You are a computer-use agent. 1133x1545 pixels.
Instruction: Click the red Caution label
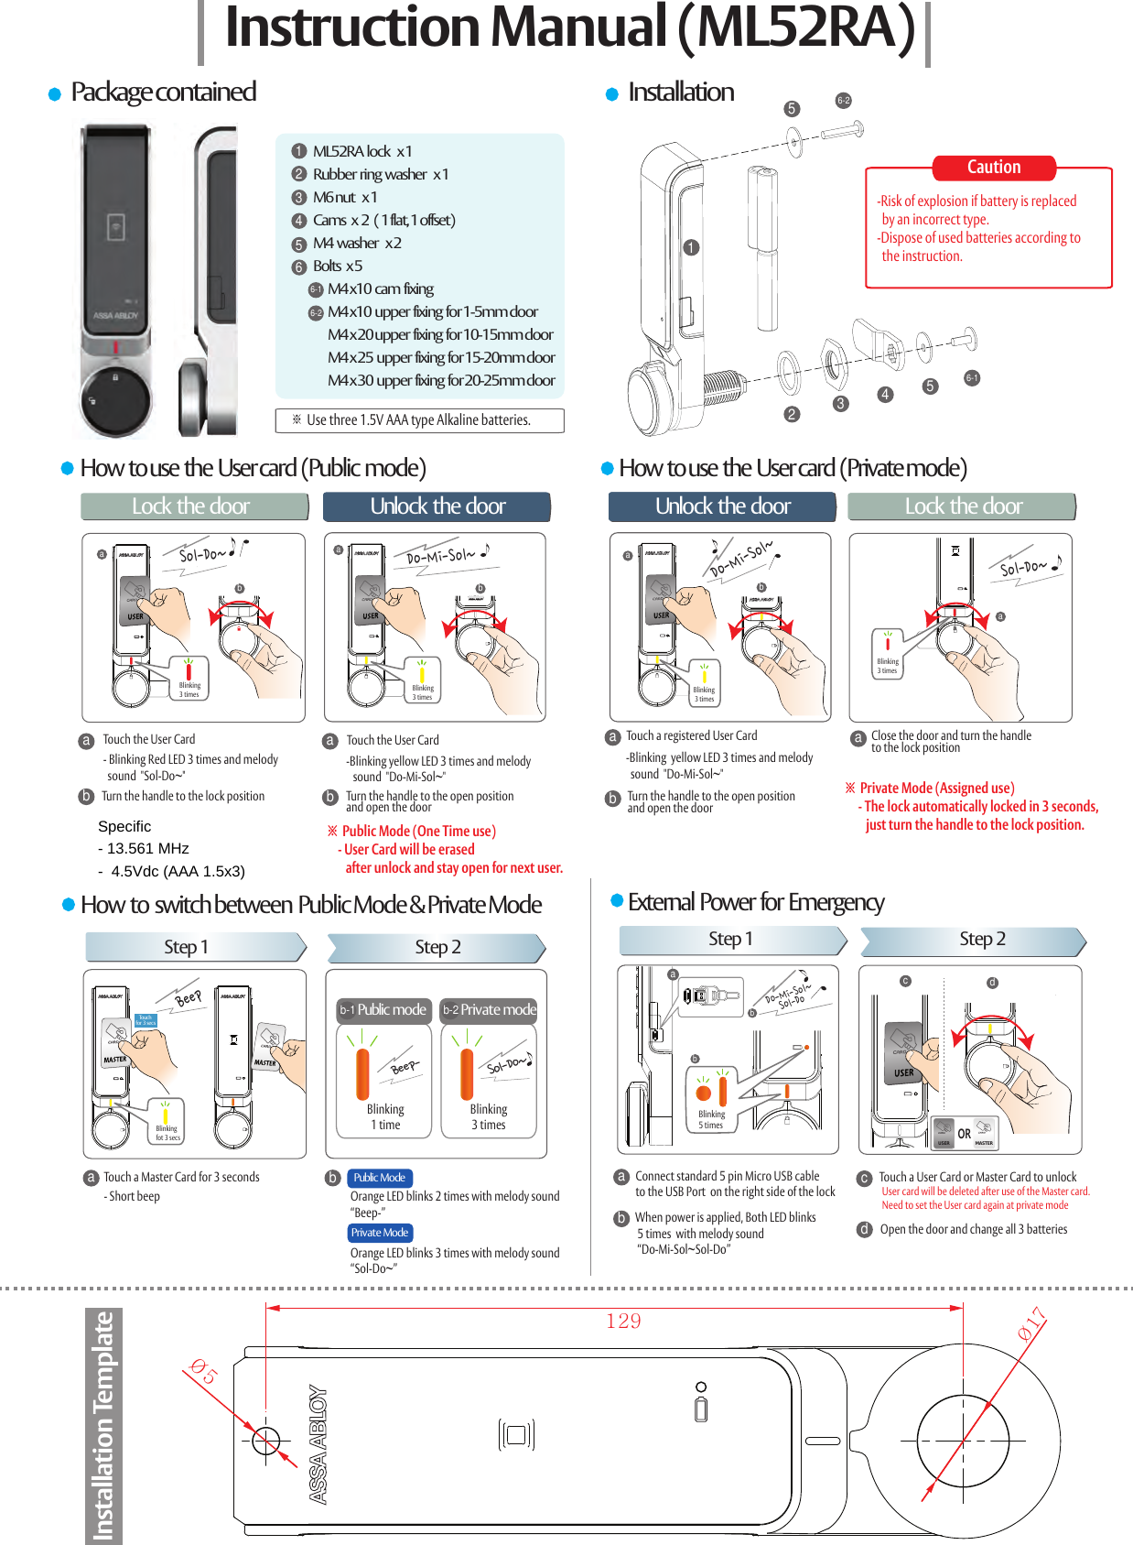pos(993,168)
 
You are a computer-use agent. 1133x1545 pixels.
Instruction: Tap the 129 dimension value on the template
pos(623,1321)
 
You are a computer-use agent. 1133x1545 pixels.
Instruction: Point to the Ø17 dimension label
pos(1031,1324)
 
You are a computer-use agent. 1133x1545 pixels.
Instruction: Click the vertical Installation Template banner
pos(103,1425)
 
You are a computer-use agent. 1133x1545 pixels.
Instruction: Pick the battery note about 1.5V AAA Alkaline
pos(419,420)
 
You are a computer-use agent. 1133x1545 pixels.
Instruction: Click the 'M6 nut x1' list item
pos(344,197)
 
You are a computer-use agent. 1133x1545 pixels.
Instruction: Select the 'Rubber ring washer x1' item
pos(380,174)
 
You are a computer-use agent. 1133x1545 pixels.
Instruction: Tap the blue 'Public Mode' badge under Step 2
pos(380,1178)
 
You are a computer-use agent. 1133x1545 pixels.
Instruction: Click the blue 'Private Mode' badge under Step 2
pos(380,1233)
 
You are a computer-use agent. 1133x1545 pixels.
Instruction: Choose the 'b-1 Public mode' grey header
pos(383,1010)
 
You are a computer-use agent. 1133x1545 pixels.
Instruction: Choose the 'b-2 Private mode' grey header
pos(489,1010)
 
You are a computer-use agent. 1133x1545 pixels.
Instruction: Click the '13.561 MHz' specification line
pos(147,848)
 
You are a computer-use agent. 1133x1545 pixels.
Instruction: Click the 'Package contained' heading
pos(163,92)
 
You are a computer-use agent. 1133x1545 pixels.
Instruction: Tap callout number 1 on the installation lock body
pos(691,247)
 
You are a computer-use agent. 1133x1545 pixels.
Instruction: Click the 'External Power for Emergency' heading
pos(755,902)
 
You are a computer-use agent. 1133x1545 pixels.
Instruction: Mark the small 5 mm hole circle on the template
pos(265,1441)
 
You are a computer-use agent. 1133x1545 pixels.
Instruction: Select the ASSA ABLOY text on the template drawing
pos(318,1444)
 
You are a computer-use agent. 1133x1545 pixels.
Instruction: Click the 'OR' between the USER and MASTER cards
pos(964,1134)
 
